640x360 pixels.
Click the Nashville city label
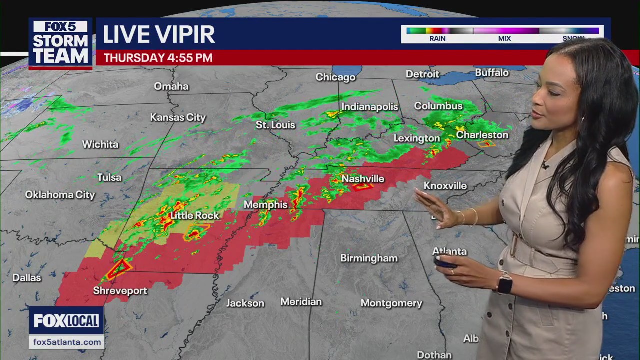point(363,179)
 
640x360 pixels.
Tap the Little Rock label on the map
point(195,215)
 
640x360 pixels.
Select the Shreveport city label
point(120,290)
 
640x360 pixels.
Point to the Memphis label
point(265,204)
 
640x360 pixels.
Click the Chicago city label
point(335,77)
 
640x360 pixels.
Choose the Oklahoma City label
point(60,195)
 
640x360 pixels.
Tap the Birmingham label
point(369,258)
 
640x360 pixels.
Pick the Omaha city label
point(171,86)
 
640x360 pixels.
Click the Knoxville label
point(445,186)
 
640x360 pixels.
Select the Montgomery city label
point(391,303)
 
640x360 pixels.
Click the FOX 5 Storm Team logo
point(60,43)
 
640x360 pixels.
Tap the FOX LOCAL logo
point(66,321)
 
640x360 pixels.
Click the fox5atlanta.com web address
point(67,342)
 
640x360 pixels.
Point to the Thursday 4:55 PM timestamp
point(158,58)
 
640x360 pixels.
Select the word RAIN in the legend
point(437,38)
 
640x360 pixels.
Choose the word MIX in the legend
point(504,38)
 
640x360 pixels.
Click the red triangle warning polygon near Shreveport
point(118,269)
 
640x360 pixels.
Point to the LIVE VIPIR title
point(159,34)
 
